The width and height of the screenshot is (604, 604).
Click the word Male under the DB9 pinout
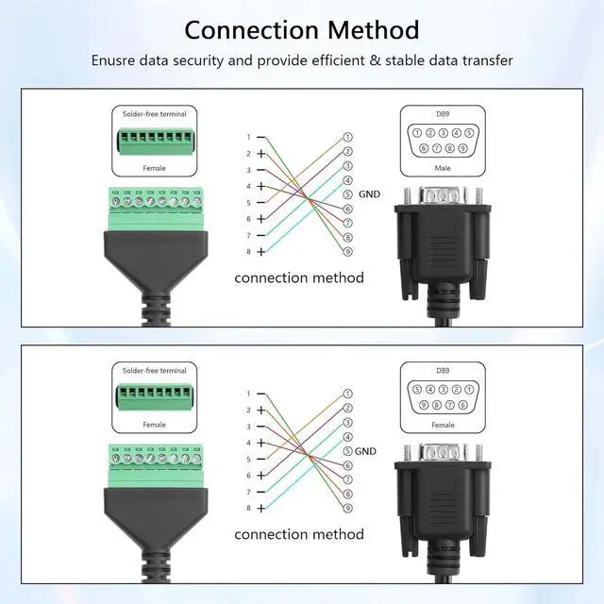[443, 168]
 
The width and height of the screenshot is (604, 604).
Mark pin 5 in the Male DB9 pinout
[469, 133]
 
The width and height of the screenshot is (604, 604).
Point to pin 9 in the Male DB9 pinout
[462, 148]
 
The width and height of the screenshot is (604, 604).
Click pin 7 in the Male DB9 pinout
[436, 148]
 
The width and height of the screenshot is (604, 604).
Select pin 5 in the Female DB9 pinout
[416, 389]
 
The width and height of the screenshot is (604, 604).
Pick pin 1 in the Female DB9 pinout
[469, 389]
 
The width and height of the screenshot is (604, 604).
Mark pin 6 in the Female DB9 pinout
[462, 405]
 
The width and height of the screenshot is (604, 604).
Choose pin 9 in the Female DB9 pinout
[423, 405]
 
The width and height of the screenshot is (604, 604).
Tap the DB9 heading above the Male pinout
[443, 114]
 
